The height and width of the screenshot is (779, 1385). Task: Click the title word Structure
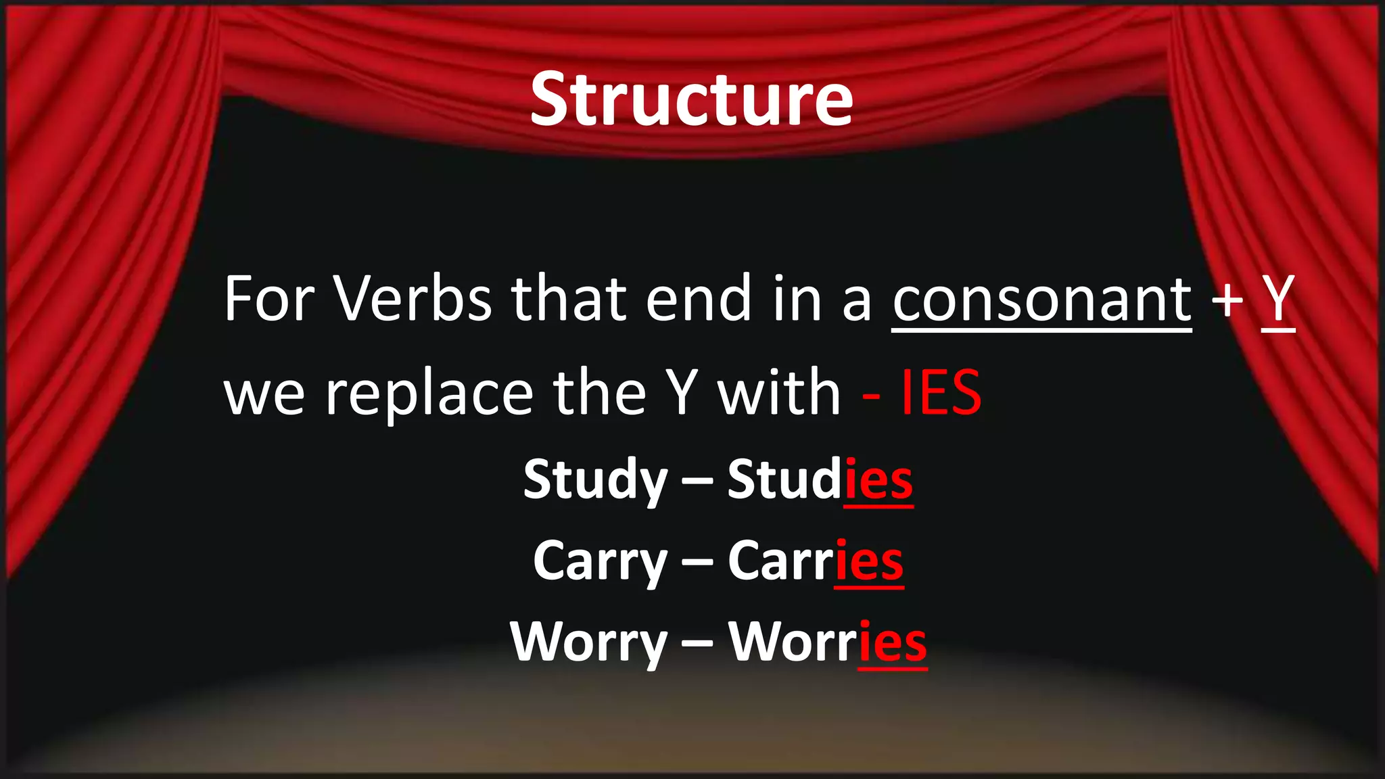pyautogui.click(x=691, y=99)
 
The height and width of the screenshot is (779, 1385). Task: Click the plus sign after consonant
pyautogui.click(x=1227, y=300)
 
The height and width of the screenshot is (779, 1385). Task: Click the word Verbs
pyautogui.click(x=413, y=299)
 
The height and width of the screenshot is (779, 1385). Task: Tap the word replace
pyautogui.click(x=429, y=395)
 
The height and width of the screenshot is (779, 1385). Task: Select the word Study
pyautogui.click(x=595, y=480)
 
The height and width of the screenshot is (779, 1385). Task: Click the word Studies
pyautogui.click(x=820, y=480)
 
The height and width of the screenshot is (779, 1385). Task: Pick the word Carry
pyautogui.click(x=600, y=562)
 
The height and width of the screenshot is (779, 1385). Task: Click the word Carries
pyautogui.click(x=816, y=561)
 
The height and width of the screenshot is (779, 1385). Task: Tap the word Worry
pyautogui.click(x=588, y=642)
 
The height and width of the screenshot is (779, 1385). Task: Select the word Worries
pyautogui.click(x=827, y=642)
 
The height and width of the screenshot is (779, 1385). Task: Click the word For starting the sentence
pyautogui.click(x=269, y=299)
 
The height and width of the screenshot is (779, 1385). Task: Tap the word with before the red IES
pyautogui.click(x=778, y=394)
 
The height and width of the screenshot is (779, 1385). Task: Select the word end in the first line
pyautogui.click(x=699, y=299)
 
